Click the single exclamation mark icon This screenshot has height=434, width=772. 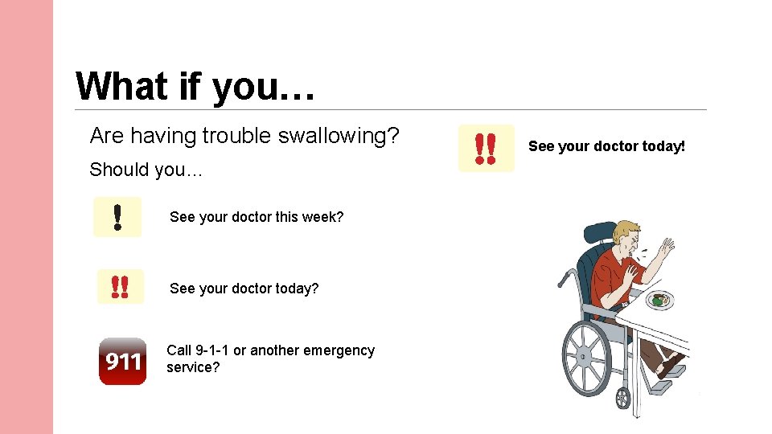pos(117,217)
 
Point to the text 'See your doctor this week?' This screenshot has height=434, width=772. pos(257,217)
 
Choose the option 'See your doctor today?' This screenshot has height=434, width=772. pos(244,288)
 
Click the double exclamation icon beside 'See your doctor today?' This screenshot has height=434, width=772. pos(120,287)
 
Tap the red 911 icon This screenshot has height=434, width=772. pos(122,361)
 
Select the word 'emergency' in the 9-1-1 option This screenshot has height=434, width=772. pos(336,350)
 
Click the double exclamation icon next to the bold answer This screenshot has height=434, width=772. pos(485,149)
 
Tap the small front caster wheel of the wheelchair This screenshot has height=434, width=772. pos(622,397)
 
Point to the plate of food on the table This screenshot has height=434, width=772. pos(659,300)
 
